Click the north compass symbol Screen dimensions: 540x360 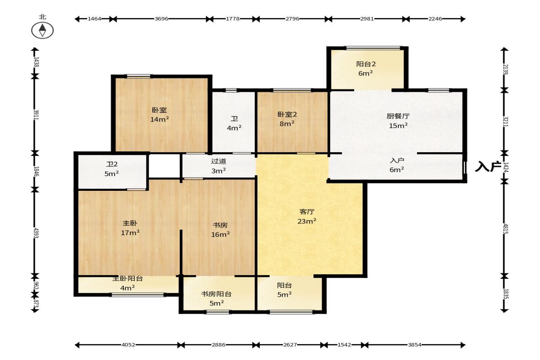click(x=42, y=30)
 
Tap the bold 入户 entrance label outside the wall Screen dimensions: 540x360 click(x=488, y=166)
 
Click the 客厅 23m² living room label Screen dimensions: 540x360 click(x=307, y=216)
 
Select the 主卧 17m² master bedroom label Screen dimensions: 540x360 click(x=130, y=228)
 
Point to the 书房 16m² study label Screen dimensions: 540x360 click(x=220, y=230)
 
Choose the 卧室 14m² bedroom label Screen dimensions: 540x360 click(x=160, y=115)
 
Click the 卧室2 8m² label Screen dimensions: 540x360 click(x=287, y=119)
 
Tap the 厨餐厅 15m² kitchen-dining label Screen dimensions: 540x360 click(x=398, y=121)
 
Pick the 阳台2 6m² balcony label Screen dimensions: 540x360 click(x=366, y=68)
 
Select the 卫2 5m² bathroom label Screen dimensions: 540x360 click(x=111, y=169)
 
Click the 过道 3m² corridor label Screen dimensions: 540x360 click(x=219, y=166)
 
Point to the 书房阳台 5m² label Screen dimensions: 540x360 click(x=216, y=299)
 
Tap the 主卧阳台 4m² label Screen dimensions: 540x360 click(x=128, y=283)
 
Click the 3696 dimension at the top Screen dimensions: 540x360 click(x=161, y=19)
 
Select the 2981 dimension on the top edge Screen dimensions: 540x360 click(x=367, y=19)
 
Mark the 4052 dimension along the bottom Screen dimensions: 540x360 click(x=128, y=344)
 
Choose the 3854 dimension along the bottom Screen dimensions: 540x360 click(x=415, y=344)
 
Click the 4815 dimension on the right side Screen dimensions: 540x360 click(x=505, y=228)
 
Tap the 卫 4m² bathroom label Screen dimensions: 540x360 click(x=234, y=123)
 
